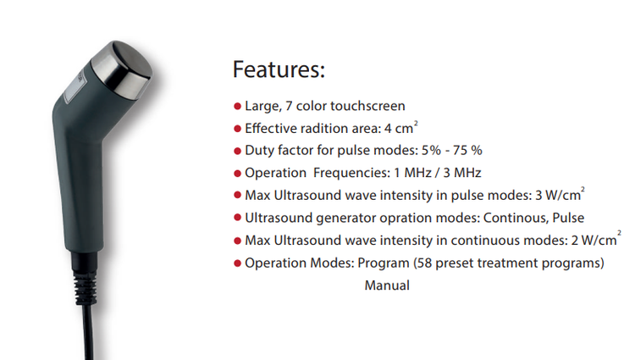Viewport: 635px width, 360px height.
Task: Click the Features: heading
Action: click(279, 69)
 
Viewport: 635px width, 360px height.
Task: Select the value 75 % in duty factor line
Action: click(467, 150)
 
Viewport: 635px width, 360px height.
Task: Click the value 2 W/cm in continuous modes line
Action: click(594, 241)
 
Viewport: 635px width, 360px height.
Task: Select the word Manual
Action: click(387, 285)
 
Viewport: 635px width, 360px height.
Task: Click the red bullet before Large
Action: click(238, 107)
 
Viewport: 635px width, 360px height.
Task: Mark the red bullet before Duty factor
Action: click(238, 151)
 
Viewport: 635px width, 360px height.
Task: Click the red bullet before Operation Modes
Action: click(238, 264)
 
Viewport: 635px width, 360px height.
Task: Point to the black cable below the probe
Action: click(89, 332)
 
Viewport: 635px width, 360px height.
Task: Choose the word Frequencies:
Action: click(351, 173)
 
